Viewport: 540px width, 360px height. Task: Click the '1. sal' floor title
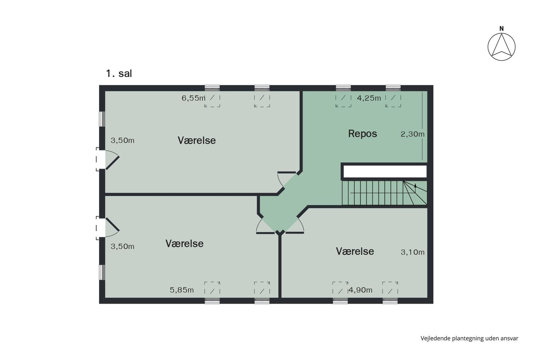pos(119,74)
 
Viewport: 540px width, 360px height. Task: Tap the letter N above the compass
pos(501,29)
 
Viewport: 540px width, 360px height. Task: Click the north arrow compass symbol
pos(501,47)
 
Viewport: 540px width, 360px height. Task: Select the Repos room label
pos(362,134)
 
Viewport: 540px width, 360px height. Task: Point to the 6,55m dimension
pos(193,98)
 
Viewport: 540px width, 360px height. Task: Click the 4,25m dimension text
pos(369,98)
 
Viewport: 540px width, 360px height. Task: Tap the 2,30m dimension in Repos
pos(412,134)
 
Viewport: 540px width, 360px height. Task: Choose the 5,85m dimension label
pos(182,290)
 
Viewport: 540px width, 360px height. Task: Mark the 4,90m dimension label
pos(360,290)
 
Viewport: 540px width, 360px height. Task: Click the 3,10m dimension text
pos(412,252)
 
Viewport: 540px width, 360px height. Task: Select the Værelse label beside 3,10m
pos(355,251)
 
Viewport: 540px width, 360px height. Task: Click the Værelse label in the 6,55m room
pos(197,140)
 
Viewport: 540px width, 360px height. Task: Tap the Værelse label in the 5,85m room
pos(184,243)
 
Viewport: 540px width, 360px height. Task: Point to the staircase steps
pos(385,193)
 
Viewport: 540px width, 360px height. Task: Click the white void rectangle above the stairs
pos(385,171)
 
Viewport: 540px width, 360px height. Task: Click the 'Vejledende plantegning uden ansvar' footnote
pos(469,338)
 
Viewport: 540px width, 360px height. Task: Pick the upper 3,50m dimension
pos(123,140)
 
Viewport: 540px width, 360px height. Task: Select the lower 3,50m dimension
pos(123,247)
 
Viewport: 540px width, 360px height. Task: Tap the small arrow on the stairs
pos(415,186)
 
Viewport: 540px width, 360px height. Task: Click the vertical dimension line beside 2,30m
pos(422,126)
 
